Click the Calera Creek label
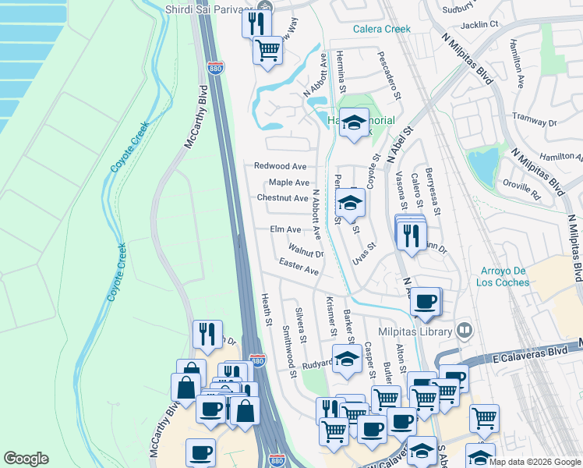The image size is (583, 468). point(381,29)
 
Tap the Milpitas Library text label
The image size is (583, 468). point(415,331)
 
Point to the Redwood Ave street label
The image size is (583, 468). point(280,166)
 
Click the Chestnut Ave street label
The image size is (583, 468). point(282,198)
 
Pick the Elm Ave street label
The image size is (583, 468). point(285,229)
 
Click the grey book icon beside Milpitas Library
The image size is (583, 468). point(465,331)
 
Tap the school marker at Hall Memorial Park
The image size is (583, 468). point(354,122)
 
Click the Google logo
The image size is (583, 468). point(26,459)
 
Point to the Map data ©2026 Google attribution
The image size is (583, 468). point(534,462)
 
